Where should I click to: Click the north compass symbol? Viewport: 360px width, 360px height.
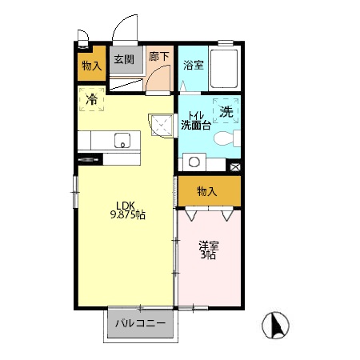point(275,325)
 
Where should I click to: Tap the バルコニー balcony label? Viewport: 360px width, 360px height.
point(140,323)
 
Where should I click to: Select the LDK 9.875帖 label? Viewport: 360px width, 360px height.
point(128,210)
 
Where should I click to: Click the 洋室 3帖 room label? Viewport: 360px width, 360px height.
point(209,250)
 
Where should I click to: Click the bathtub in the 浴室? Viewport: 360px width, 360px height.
point(224,69)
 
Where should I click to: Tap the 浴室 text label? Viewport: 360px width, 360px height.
point(194,65)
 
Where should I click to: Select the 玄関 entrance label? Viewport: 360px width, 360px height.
point(124,59)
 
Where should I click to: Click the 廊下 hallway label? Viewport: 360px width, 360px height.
point(159,56)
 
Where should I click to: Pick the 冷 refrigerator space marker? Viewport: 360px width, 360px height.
point(91,99)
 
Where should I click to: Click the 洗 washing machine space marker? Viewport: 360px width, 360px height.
point(226,111)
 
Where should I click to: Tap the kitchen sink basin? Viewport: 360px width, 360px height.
point(122,141)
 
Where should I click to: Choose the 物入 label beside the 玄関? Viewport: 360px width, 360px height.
point(92,66)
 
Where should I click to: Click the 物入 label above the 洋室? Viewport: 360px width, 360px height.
point(207,191)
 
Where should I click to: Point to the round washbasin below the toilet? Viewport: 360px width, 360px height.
point(194,162)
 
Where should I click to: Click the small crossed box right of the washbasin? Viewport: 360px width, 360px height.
point(235,167)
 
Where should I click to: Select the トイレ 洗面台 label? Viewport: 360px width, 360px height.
point(196,121)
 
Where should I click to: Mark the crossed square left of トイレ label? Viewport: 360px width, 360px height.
point(162,126)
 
